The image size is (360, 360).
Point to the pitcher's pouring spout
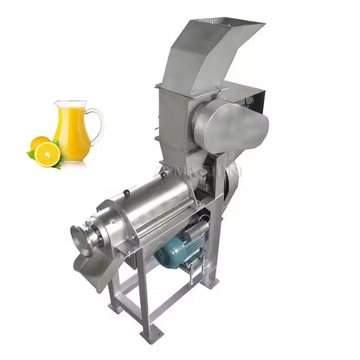click(x=56, y=105)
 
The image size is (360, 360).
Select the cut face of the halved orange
click(x=48, y=154)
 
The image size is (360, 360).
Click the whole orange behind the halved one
click(x=40, y=144)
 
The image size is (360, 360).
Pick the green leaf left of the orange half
click(x=30, y=154)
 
